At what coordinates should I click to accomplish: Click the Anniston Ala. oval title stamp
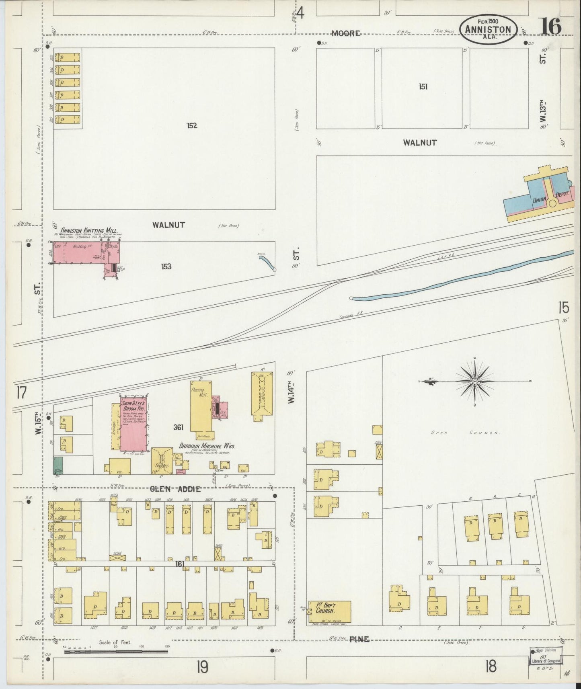point(488,29)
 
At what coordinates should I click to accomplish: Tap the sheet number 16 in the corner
point(550,27)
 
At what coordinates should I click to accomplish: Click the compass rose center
point(475,381)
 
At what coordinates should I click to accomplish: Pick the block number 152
point(192,125)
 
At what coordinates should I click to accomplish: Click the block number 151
point(423,86)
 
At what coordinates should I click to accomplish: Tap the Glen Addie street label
point(175,489)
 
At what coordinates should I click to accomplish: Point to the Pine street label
point(359,639)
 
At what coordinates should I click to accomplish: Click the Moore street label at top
point(346,33)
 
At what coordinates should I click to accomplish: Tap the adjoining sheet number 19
point(202,668)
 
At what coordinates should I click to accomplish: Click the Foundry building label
point(161,466)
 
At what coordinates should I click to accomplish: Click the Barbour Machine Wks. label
point(207,446)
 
